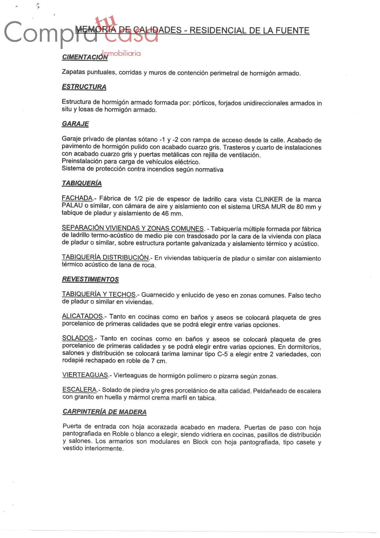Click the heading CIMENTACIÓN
(85, 57)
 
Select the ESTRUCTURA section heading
(84, 87)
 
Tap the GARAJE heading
(75, 124)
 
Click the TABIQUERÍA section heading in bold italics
(82, 183)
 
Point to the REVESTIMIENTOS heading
(90, 279)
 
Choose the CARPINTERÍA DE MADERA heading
(104, 412)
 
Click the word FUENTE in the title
(292, 31)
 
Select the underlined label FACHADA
(77, 198)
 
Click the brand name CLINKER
(269, 200)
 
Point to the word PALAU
(72, 205)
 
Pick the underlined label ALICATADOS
(82, 316)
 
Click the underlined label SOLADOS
(78, 338)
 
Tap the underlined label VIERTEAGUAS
(85, 375)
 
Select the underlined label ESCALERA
(80, 389)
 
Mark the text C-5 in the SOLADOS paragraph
(223, 354)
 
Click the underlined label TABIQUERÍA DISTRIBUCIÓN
(105, 257)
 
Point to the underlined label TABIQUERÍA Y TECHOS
(99, 294)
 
